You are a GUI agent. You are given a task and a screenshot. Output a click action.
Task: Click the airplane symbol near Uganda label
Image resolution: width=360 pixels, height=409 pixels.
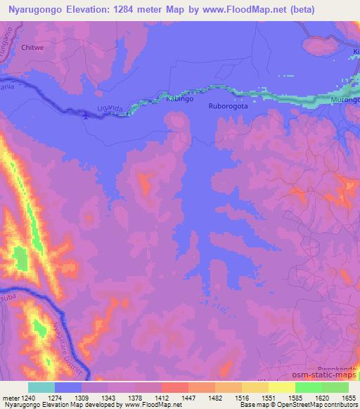point(86,115)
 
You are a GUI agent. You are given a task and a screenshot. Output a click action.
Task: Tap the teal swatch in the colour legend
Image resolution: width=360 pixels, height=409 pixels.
point(41,387)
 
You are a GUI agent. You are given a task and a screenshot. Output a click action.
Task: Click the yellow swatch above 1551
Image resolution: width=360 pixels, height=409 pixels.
point(255,387)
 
